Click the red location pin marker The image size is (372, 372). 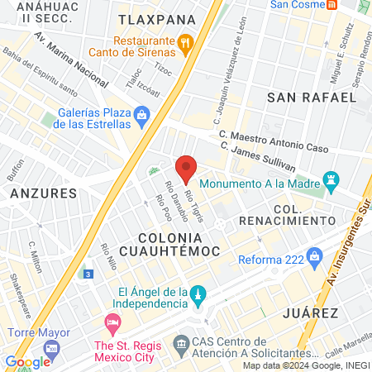tap(186, 169)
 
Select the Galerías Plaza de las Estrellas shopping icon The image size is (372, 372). tap(142, 113)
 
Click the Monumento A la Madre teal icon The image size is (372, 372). tap(332, 179)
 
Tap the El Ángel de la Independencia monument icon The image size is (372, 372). tap(198, 295)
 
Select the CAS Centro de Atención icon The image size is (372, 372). tap(181, 341)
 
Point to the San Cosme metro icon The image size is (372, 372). tap(331, 4)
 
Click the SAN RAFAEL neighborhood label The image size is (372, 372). tap(312, 97)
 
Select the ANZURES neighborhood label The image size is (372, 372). tap(44, 193)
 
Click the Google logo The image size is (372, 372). tap(27, 361)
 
